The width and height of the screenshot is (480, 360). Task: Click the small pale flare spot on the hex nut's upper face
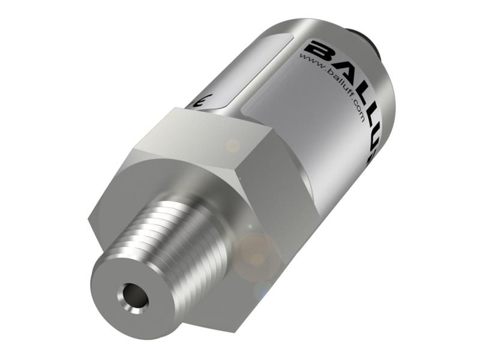232,145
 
